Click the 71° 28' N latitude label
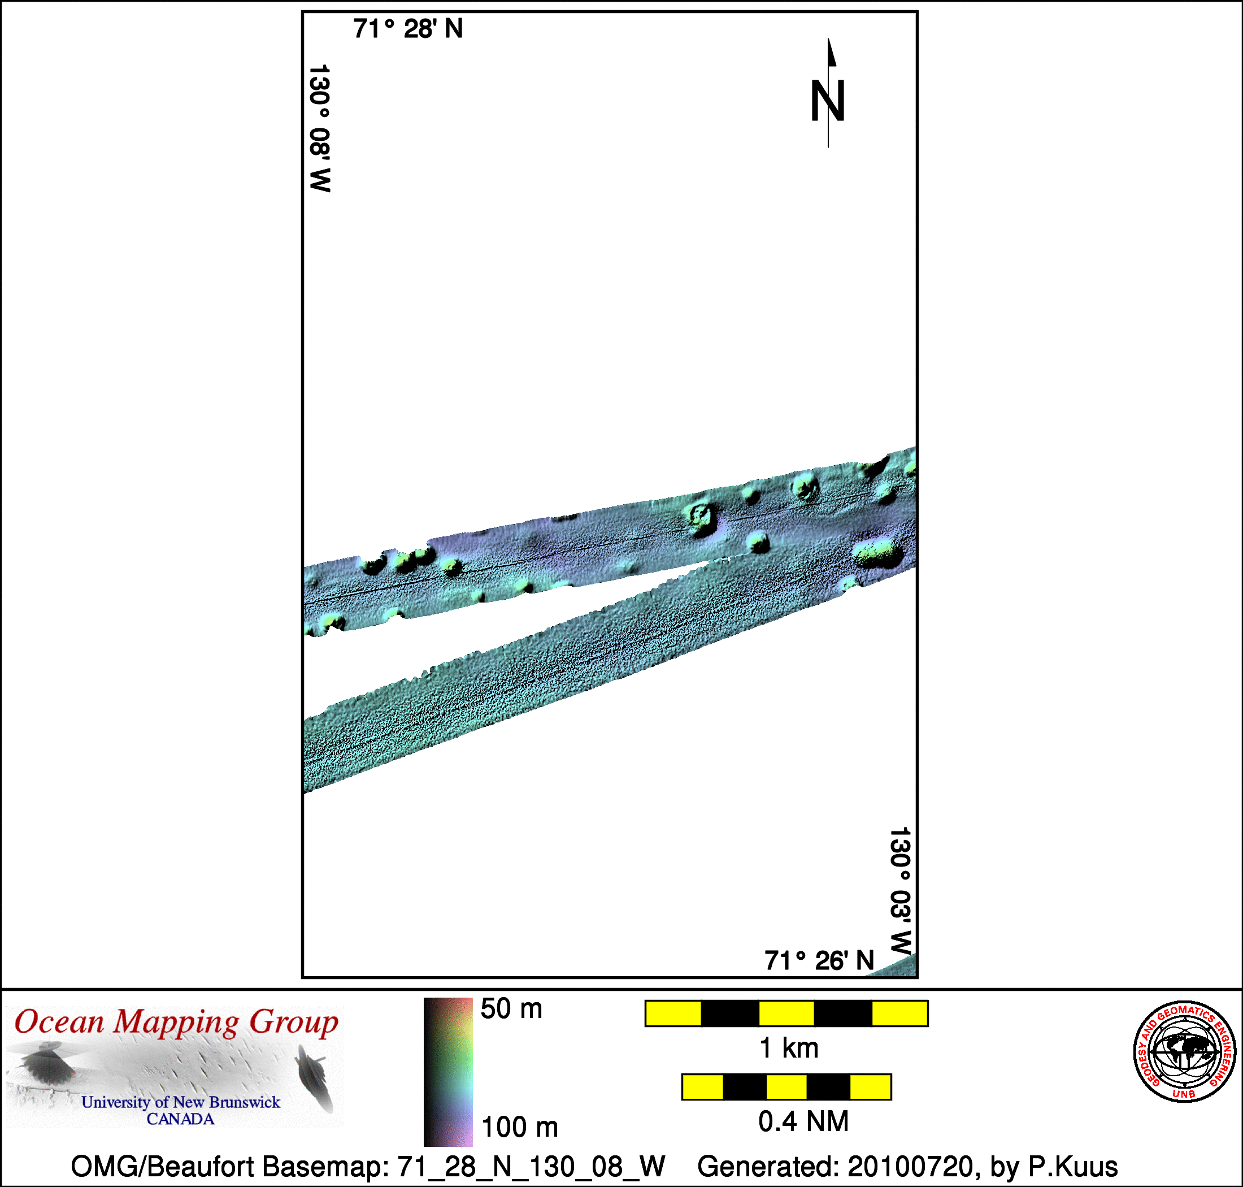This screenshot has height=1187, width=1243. [408, 29]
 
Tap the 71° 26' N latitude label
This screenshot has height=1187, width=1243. [819, 960]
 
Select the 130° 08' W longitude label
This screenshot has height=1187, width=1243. [319, 128]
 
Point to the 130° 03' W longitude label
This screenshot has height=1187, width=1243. [900, 891]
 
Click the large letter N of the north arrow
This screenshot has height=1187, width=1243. [828, 101]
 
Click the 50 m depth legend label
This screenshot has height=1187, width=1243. [511, 1008]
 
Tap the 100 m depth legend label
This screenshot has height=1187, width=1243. [519, 1128]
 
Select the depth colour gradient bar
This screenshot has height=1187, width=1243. [448, 1072]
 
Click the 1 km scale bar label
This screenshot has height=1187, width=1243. [789, 1049]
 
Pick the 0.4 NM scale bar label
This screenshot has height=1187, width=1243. [803, 1121]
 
